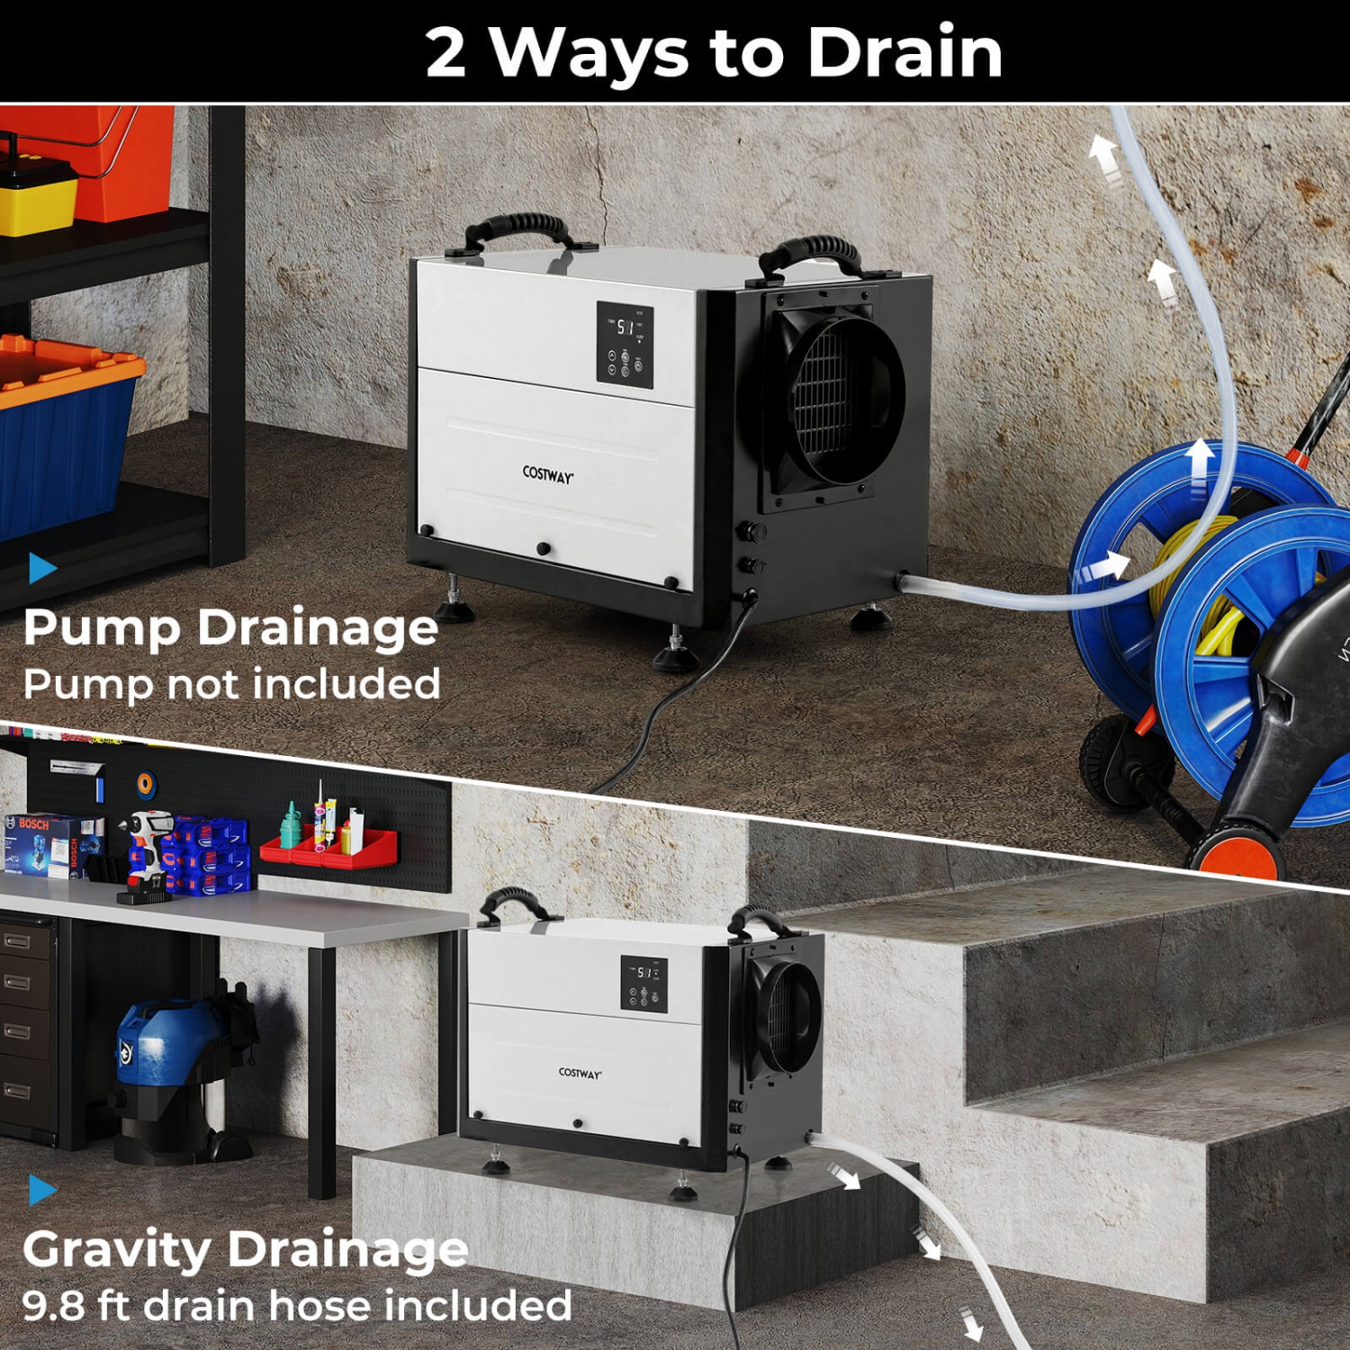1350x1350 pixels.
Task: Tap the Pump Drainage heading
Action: point(230,626)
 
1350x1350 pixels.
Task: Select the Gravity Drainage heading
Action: point(245,1249)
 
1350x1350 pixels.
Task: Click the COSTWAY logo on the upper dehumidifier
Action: point(547,474)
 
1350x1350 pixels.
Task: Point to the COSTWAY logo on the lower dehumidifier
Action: point(580,1073)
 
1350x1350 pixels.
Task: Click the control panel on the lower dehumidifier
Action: point(643,984)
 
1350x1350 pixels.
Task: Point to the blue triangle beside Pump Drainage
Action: point(41,568)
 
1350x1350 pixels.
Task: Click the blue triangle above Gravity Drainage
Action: point(41,1190)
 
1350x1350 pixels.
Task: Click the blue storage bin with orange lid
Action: point(63,432)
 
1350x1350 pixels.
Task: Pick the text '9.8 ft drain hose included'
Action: point(297,1305)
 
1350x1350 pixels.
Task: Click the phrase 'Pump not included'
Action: point(231,684)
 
